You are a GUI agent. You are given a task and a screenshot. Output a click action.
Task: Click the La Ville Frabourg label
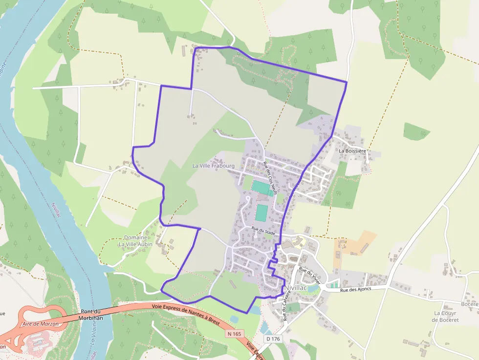pos(214,166)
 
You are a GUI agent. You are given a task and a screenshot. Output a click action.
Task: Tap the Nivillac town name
pos(297,288)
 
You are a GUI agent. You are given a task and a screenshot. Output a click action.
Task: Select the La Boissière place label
pos(352,151)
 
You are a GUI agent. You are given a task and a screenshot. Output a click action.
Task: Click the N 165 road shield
pos(235,334)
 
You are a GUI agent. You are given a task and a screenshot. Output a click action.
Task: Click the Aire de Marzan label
pos(40,324)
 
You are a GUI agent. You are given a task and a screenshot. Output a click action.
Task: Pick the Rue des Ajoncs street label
pos(356,289)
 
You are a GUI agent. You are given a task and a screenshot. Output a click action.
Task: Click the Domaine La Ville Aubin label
pos(135,241)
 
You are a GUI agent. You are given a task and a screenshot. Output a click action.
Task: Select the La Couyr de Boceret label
pos(445,317)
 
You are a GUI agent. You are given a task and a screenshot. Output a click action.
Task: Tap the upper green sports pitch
pos(263,188)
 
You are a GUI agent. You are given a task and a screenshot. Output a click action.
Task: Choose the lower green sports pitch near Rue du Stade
pos(261,212)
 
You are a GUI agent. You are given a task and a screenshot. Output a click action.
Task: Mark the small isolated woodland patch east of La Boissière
pos(415,131)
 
